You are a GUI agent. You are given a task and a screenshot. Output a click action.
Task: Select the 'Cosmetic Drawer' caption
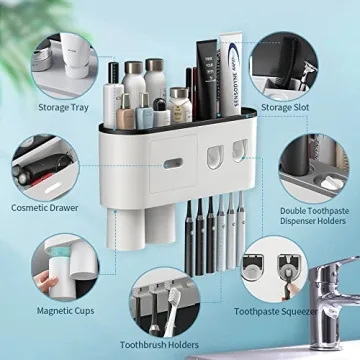[46, 207]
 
